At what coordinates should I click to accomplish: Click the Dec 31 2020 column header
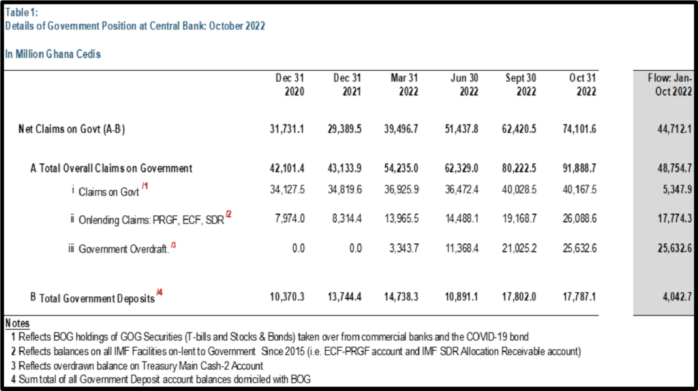(290, 84)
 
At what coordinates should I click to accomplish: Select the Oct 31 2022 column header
(583, 84)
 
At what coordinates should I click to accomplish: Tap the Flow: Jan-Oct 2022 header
(670, 84)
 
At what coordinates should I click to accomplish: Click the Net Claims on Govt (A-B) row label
(72, 129)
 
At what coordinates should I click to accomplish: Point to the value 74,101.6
(579, 129)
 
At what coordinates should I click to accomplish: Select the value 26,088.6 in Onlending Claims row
(579, 219)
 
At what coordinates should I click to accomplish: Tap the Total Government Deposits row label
(97, 298)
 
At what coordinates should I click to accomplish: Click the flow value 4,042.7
(677, 297)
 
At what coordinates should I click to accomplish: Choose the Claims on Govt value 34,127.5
(287, 190)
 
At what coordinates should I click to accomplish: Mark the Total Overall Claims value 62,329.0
(461, 168)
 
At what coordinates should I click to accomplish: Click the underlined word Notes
(17, 324)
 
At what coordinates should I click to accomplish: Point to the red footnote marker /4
(160, 292)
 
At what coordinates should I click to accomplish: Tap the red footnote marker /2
(228, 215)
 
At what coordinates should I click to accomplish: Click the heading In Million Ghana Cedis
(53, 54)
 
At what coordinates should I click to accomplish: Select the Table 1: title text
(21, 12)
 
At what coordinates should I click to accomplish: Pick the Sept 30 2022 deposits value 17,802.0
(519, 297)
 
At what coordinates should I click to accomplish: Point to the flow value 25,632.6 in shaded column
(675, 248)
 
